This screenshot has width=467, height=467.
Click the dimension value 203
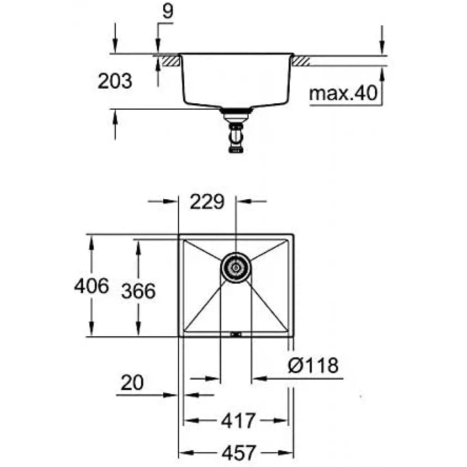114,81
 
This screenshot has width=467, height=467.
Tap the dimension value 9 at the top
168,12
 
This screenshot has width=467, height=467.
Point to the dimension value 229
207,201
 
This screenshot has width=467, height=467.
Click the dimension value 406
91,286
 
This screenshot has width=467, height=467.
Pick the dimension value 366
138,292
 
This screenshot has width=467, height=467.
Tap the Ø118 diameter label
313,366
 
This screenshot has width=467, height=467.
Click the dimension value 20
132,383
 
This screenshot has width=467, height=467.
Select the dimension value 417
238,420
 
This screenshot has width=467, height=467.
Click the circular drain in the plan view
235,268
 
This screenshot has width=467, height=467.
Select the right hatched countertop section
301,61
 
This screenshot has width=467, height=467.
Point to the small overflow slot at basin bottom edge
236,334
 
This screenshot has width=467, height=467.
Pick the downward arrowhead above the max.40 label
382,48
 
